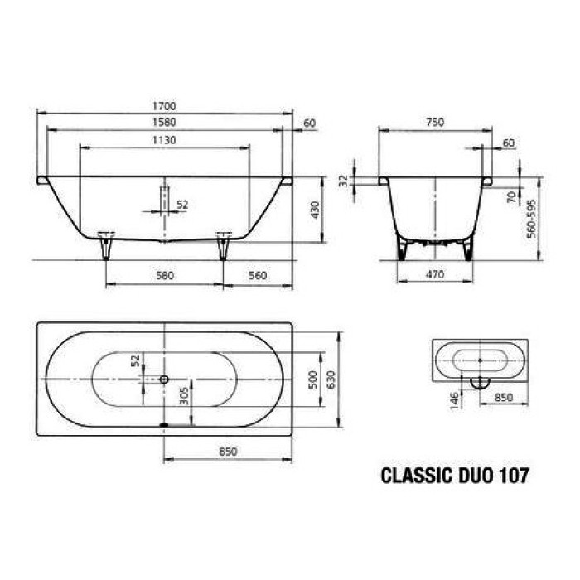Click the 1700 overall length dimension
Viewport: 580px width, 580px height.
click(x=164, y=106)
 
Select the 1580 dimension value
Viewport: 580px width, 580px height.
click(x=164, y=123)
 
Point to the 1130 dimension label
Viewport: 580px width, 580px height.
click(x=164, y=140)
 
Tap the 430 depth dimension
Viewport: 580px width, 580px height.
click(x=314, y=210)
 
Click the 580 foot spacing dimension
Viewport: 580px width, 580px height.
click(x=164, y=276)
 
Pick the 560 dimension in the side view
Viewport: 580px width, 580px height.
click(x=258, y=276)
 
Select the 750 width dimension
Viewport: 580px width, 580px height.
click(x=434, y=123)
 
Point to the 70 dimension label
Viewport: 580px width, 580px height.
click(x=511, y=196)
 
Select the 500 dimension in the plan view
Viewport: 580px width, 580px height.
click(x=312, y=379)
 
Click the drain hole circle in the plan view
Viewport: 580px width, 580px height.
click(x=164, y=379)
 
